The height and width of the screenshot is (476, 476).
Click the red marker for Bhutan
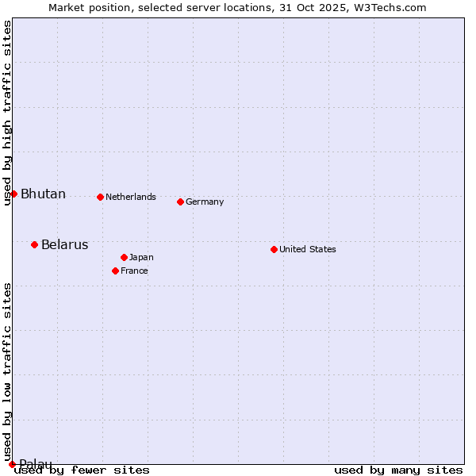click(13, 194)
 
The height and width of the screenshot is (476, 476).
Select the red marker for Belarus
click(34, 244)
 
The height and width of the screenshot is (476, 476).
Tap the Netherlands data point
click(100, 197)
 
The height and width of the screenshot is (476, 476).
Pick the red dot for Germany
click(180, 202)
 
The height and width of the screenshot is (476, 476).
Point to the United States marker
click(274, 249)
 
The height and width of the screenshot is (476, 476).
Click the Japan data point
click(124, 257)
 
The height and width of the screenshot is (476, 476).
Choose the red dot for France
click(115, 271)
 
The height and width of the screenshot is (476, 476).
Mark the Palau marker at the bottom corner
click(12, 464)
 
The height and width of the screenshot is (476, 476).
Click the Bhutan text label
click(43, 194)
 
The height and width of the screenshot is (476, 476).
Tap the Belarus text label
click(64, 245)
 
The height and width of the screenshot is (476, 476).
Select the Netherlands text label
click(131, 198)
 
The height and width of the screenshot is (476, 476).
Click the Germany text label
click(205, 202)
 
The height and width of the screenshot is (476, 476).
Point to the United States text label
click(308, 250)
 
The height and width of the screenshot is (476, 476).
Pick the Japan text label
click(141, 258)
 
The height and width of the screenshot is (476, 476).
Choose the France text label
click(134, 271)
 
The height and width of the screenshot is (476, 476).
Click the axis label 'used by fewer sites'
click(82, 470)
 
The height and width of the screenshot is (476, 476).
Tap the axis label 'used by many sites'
click(398, 470)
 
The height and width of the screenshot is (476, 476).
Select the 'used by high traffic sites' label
click(7, 113)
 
